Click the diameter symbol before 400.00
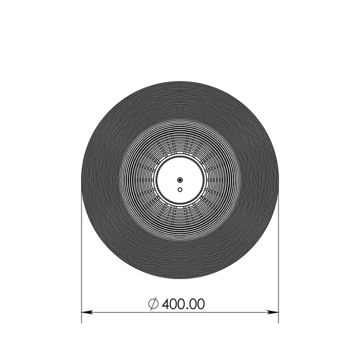pos(153,304)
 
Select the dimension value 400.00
pos(183,304)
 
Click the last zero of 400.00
pos(200,304)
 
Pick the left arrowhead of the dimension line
pos(87,312)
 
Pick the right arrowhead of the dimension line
pos(273,312)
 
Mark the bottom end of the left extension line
pos(82,323)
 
